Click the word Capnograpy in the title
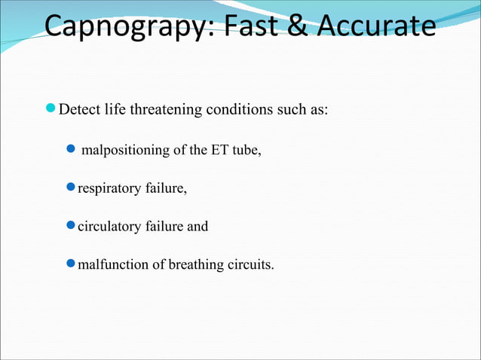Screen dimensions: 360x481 (x=123, y=27)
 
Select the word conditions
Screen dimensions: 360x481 (x=244, y=110)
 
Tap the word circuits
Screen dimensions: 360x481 (x=250, y=264)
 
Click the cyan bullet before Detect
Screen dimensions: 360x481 (x=51, y=110)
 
